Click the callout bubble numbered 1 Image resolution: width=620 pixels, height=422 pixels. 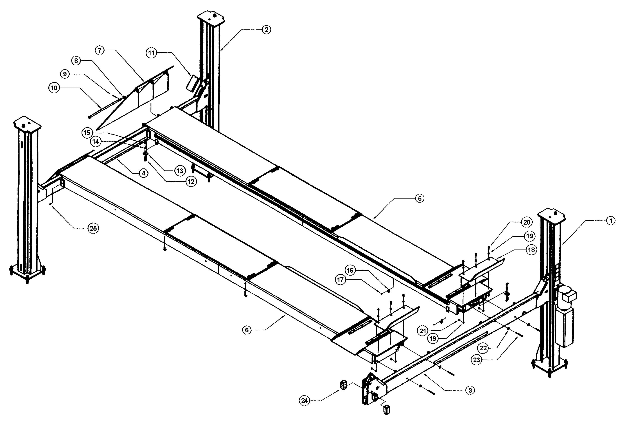[x=611, y=221]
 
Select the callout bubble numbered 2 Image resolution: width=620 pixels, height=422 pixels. [x=266, y=30]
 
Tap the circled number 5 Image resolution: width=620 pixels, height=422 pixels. [x=420, y=199]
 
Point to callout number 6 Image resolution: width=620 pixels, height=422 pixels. [x=247, y=330]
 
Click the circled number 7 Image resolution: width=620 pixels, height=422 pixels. [x=100, y=50]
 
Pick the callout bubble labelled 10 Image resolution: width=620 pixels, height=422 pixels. [x=54, y=88]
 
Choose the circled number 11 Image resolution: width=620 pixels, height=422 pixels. [x=151, y=53]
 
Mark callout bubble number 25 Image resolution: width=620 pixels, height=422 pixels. [x=93, y=228]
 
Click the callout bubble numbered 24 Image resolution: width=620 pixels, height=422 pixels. [x=305, y=400]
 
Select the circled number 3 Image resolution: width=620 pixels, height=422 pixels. [x=470, y=390]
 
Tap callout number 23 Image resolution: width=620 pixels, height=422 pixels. [x=476, y=360]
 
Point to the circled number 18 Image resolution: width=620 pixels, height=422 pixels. [x=531, y=250]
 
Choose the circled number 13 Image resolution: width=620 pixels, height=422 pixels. [x=180, y=171]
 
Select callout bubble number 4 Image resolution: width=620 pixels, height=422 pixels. [x=144, y=173]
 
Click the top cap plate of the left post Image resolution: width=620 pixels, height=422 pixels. [x=27, y=124]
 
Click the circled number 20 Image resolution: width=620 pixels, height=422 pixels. [x=527, y=222]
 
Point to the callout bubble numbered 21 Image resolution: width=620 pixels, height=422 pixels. [x=423, y=331]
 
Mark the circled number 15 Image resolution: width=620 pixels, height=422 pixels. [x=87, y=133]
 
